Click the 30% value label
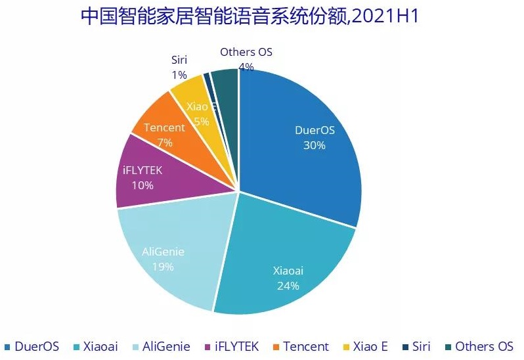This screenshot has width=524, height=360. click(x=314, y=145)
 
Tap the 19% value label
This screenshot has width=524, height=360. click(x=163, y=267)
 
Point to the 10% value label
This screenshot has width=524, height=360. click(x=142, y=185)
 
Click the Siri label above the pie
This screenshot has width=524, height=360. click(x=179, y=60)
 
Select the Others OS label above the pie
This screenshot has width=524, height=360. click(x=246, y=52)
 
